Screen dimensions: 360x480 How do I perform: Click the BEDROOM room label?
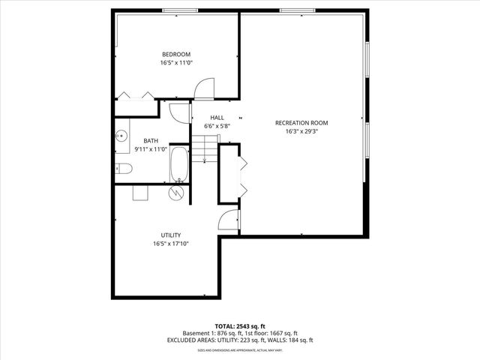click(x=176, y=54)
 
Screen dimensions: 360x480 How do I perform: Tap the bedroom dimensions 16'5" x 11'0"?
click(x=176, y=63)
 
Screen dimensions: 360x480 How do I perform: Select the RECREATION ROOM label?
click(x=301, y=123)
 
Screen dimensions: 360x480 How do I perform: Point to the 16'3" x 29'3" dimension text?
click(x=301, y=132)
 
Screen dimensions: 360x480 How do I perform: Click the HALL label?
click(x=217, y=118)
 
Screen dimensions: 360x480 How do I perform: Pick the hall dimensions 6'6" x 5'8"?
click(x=217, y=126)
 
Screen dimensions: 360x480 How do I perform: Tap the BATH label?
click(x=151, y=140)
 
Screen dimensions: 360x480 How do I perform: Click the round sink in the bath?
click(x=121, y=136)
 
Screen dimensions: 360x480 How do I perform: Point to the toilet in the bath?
click(x=124, y=169)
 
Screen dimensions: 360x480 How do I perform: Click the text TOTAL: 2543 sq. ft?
click(x=240, y=326)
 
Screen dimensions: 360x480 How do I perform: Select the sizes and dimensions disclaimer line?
click(x=240, y=349)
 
